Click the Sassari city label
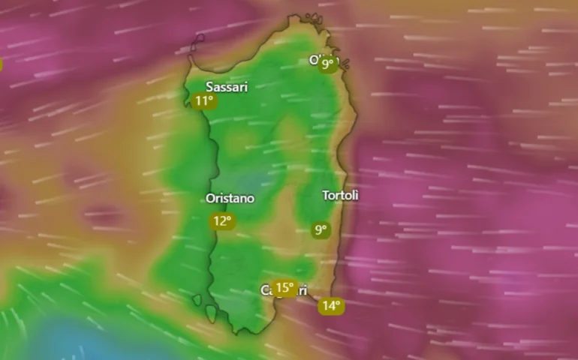(227, 87)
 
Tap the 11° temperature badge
(203, 101)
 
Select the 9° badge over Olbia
(328, 64)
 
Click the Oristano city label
(230, 199)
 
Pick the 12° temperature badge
(222, 220)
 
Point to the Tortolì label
(340, 196)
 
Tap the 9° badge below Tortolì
(321, 230)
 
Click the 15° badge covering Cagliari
(284, 287)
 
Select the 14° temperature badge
(331, 305)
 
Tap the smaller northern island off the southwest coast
(197, 300)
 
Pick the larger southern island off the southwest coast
(211, 313)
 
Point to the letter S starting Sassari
(210, 87)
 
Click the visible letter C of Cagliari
(263, 290)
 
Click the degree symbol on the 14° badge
(339, 302)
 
